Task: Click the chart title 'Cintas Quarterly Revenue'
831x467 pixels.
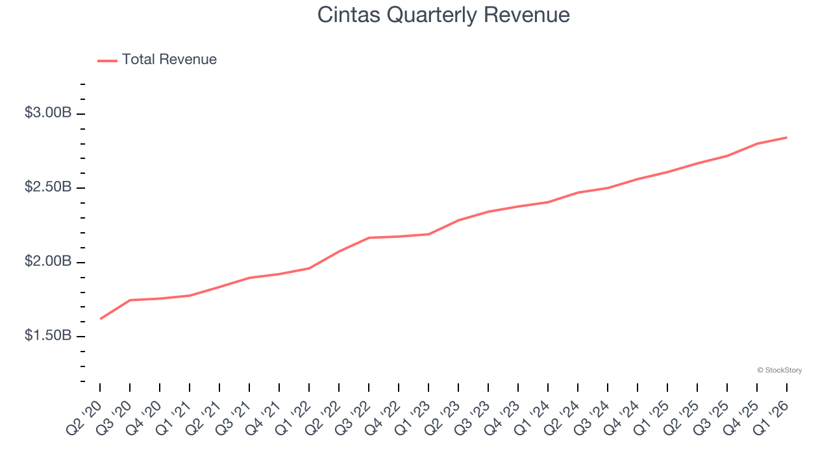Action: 443,14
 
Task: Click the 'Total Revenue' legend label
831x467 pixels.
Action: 169,60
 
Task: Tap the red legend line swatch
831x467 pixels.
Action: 107,60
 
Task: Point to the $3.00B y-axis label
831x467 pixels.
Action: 48,113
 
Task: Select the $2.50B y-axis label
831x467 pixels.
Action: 48,187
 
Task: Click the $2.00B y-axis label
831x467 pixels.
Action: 48,261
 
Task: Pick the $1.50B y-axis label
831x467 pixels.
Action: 48,336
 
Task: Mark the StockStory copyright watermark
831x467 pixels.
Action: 779,370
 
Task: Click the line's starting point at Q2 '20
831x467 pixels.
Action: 100,319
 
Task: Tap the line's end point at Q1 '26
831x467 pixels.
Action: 787,138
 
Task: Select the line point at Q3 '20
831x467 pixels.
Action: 130,300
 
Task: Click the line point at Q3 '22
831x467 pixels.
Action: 369,238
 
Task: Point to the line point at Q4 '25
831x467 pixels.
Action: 757,143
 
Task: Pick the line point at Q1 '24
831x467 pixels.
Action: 548,202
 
